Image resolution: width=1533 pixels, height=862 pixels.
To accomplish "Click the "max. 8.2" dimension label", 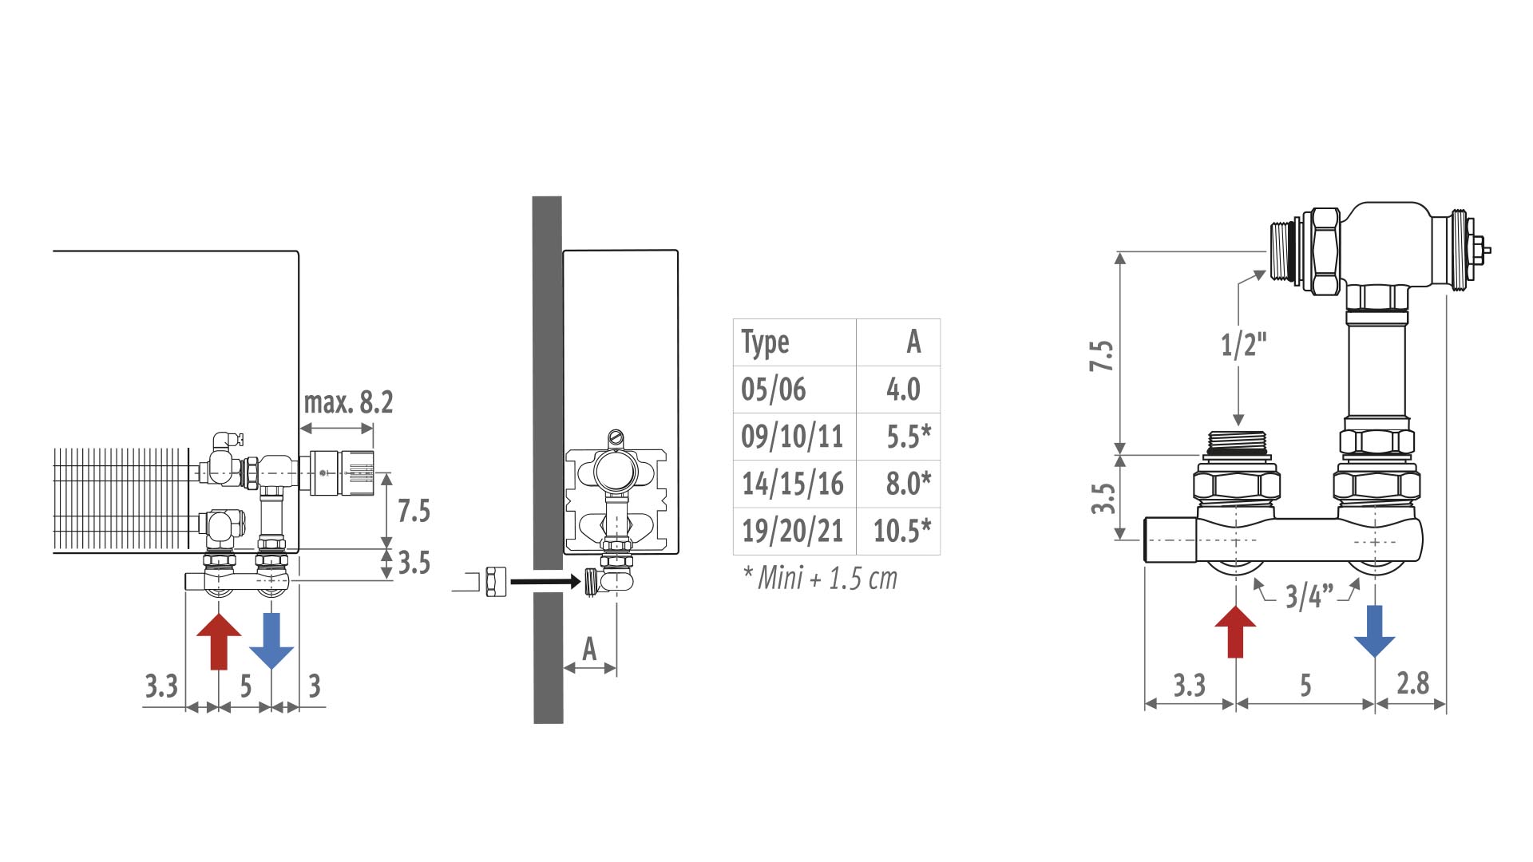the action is point(348,401).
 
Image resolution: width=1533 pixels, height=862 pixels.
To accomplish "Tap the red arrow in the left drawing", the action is point(219,641).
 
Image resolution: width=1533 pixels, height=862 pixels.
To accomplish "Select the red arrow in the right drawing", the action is point(1235,631).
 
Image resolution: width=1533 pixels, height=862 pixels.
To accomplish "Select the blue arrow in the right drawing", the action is point(1375,631).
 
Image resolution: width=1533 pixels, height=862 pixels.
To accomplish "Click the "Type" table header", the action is point(765,342).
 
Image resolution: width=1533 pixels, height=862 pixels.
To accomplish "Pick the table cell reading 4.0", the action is point(903,389).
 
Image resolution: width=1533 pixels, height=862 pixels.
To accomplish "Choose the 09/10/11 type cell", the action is point(792,437).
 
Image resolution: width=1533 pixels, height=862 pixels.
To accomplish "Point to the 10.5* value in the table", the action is point(902,530).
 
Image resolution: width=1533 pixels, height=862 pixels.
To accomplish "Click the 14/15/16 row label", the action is point(793,484).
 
